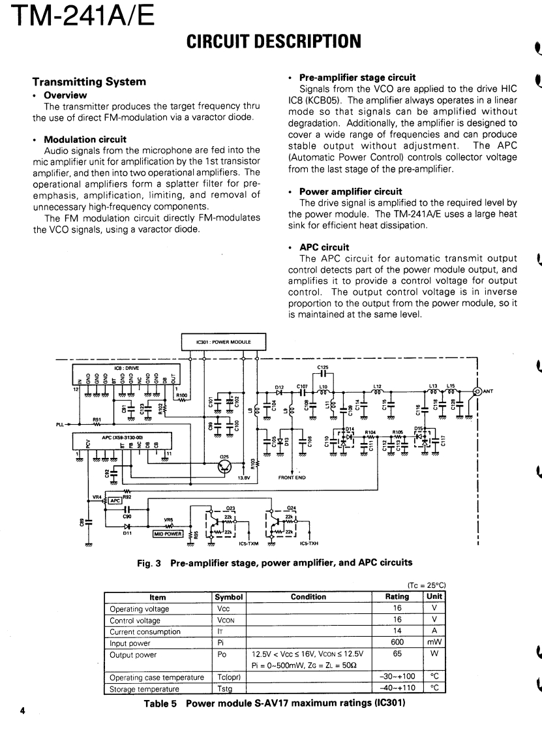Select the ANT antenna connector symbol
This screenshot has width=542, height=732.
[477, 391]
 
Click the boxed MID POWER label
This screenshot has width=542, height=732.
[166, 533]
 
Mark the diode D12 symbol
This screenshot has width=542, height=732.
[279, 393]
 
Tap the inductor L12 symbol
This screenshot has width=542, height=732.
[377, 393]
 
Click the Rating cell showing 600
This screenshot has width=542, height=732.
[397, 641]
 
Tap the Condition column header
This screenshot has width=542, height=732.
[308, 596]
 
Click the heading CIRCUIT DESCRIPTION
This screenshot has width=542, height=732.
[273, 42]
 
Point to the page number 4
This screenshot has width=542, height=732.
[22, 711]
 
